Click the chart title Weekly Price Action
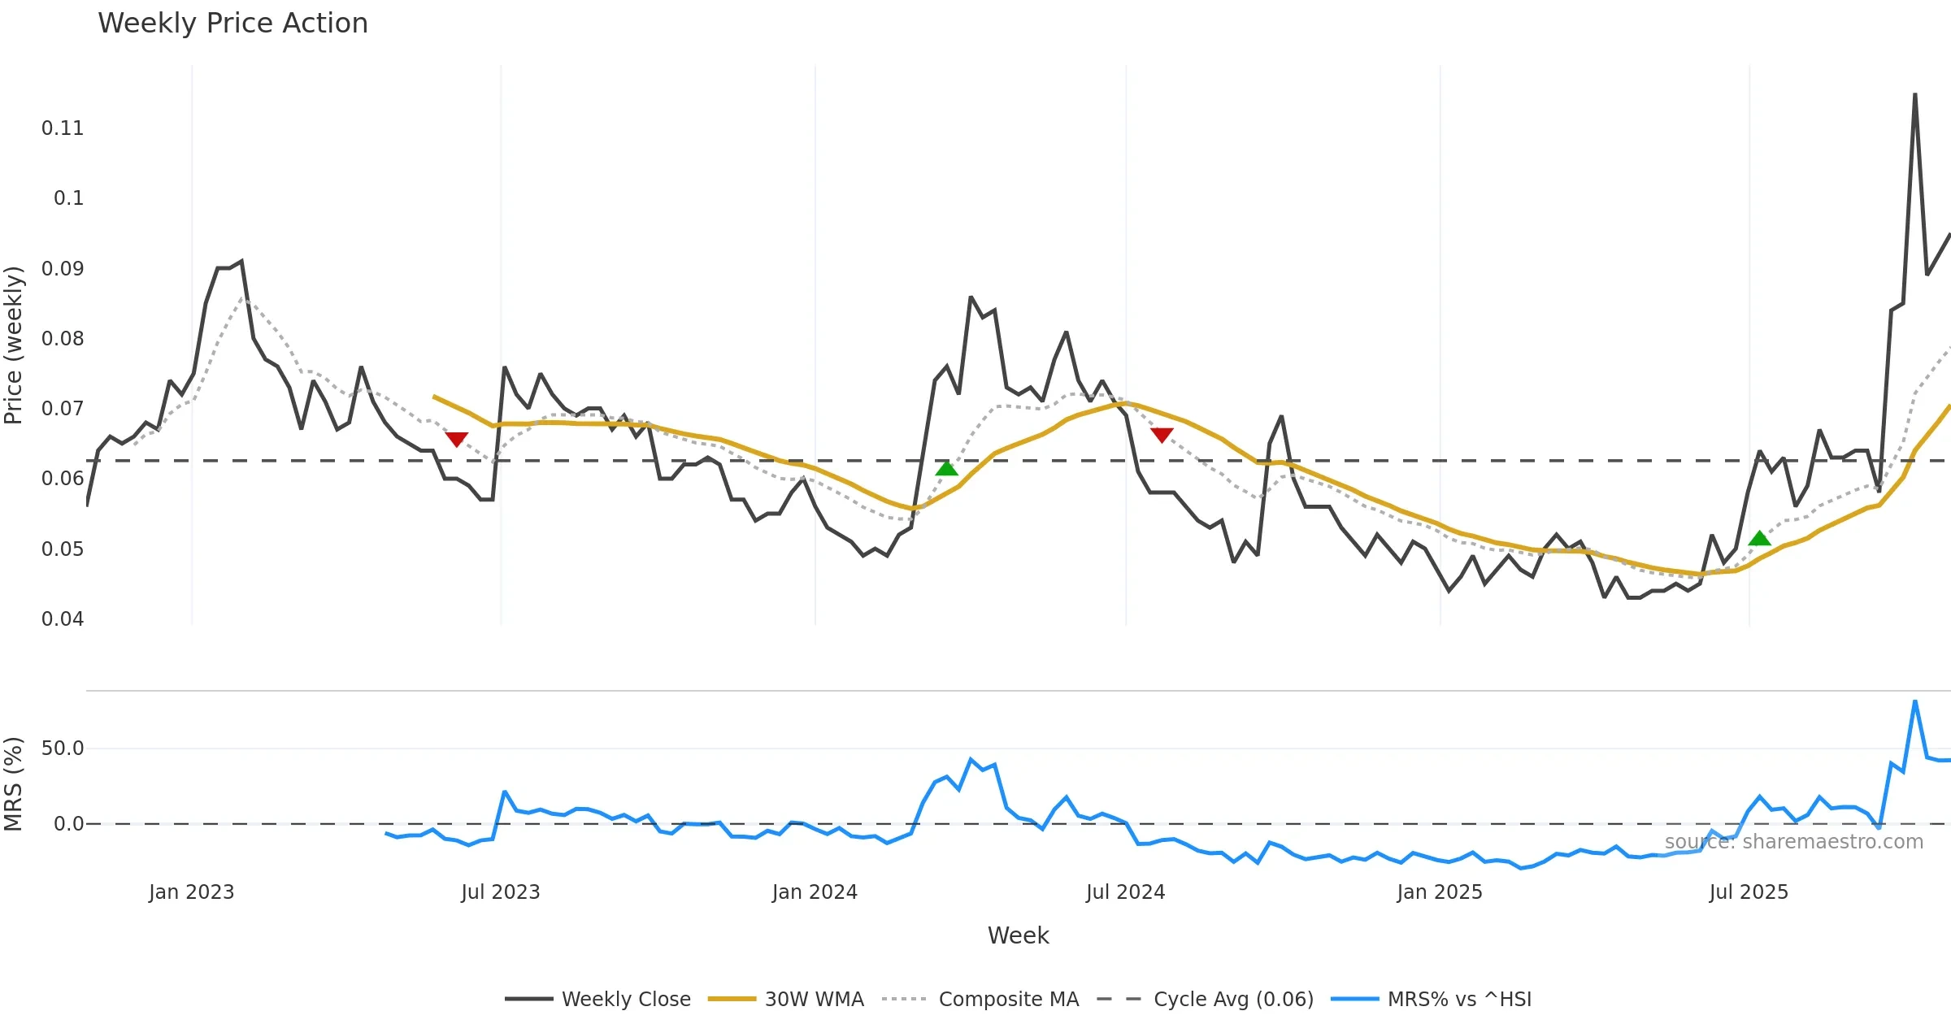[232, 24]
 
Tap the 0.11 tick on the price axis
[63, 128]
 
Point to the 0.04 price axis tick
[63, 619]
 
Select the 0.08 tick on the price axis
[63, 339]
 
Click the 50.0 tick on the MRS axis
[63, 748]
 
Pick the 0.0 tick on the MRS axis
[68, 824]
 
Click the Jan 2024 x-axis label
[815, 892]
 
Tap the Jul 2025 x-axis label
[1749, 892]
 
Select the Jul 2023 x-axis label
[500, 892]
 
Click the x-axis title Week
[1018, 936]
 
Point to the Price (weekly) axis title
[14, 345]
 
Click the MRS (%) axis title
[14, 784]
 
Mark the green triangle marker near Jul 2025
[1759, 539]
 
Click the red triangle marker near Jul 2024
[1162, 435]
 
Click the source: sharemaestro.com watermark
[1793, 842]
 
